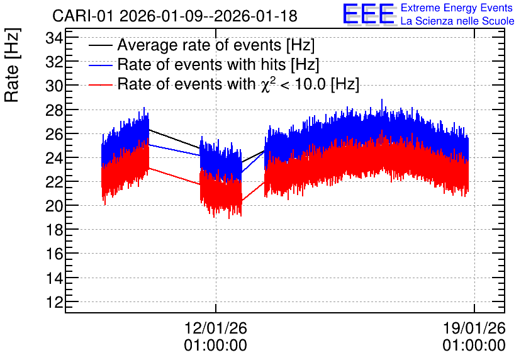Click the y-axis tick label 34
coord(54,38)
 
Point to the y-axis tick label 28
coord(54,110)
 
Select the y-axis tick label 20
coord(54,206)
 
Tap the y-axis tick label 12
coord(54,302)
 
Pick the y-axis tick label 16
coord(54,254)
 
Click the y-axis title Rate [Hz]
coord(13,65)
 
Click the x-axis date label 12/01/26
coord(216,328)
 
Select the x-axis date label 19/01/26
coord(474,328)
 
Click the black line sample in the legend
coord(100,46)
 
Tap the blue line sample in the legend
coord(100,65)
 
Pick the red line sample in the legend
coord(100,85)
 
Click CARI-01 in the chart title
coord(84,16)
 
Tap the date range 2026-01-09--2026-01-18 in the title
coord(208,16)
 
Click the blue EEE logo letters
coord(369,14)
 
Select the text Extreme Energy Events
coord(457,8)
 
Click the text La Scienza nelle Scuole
coord(457,21)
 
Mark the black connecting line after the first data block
coord(174,138)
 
